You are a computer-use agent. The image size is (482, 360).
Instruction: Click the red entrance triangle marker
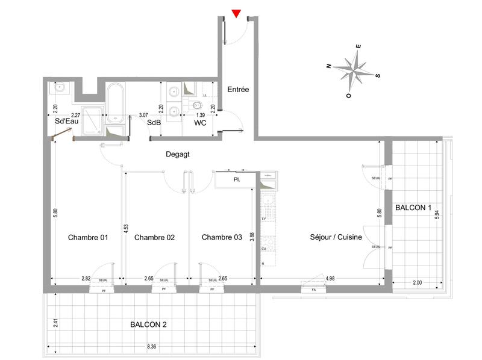point(237,13)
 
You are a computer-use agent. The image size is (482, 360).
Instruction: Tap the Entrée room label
point(238,89)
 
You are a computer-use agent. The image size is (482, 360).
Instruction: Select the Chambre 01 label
point(87,237)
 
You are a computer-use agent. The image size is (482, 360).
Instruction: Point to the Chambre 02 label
point(154,237)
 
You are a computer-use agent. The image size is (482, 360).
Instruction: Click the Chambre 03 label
point(221,237)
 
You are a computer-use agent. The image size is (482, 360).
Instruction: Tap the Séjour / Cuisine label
point(336,237)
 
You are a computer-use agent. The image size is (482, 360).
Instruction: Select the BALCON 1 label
point(413,208)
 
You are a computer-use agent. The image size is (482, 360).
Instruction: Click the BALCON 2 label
point(148,324)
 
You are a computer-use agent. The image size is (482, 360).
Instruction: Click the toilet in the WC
point(196,107)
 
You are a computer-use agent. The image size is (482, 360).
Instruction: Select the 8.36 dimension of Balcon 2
point(151,347)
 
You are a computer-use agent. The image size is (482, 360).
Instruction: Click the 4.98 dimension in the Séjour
point(330,279)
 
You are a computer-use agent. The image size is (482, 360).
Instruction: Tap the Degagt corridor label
point(178,155)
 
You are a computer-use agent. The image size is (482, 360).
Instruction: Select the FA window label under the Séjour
point(313,290)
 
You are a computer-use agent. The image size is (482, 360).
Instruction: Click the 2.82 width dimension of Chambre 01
point(86,279)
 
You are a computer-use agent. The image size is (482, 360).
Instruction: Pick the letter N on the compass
point(329,66)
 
